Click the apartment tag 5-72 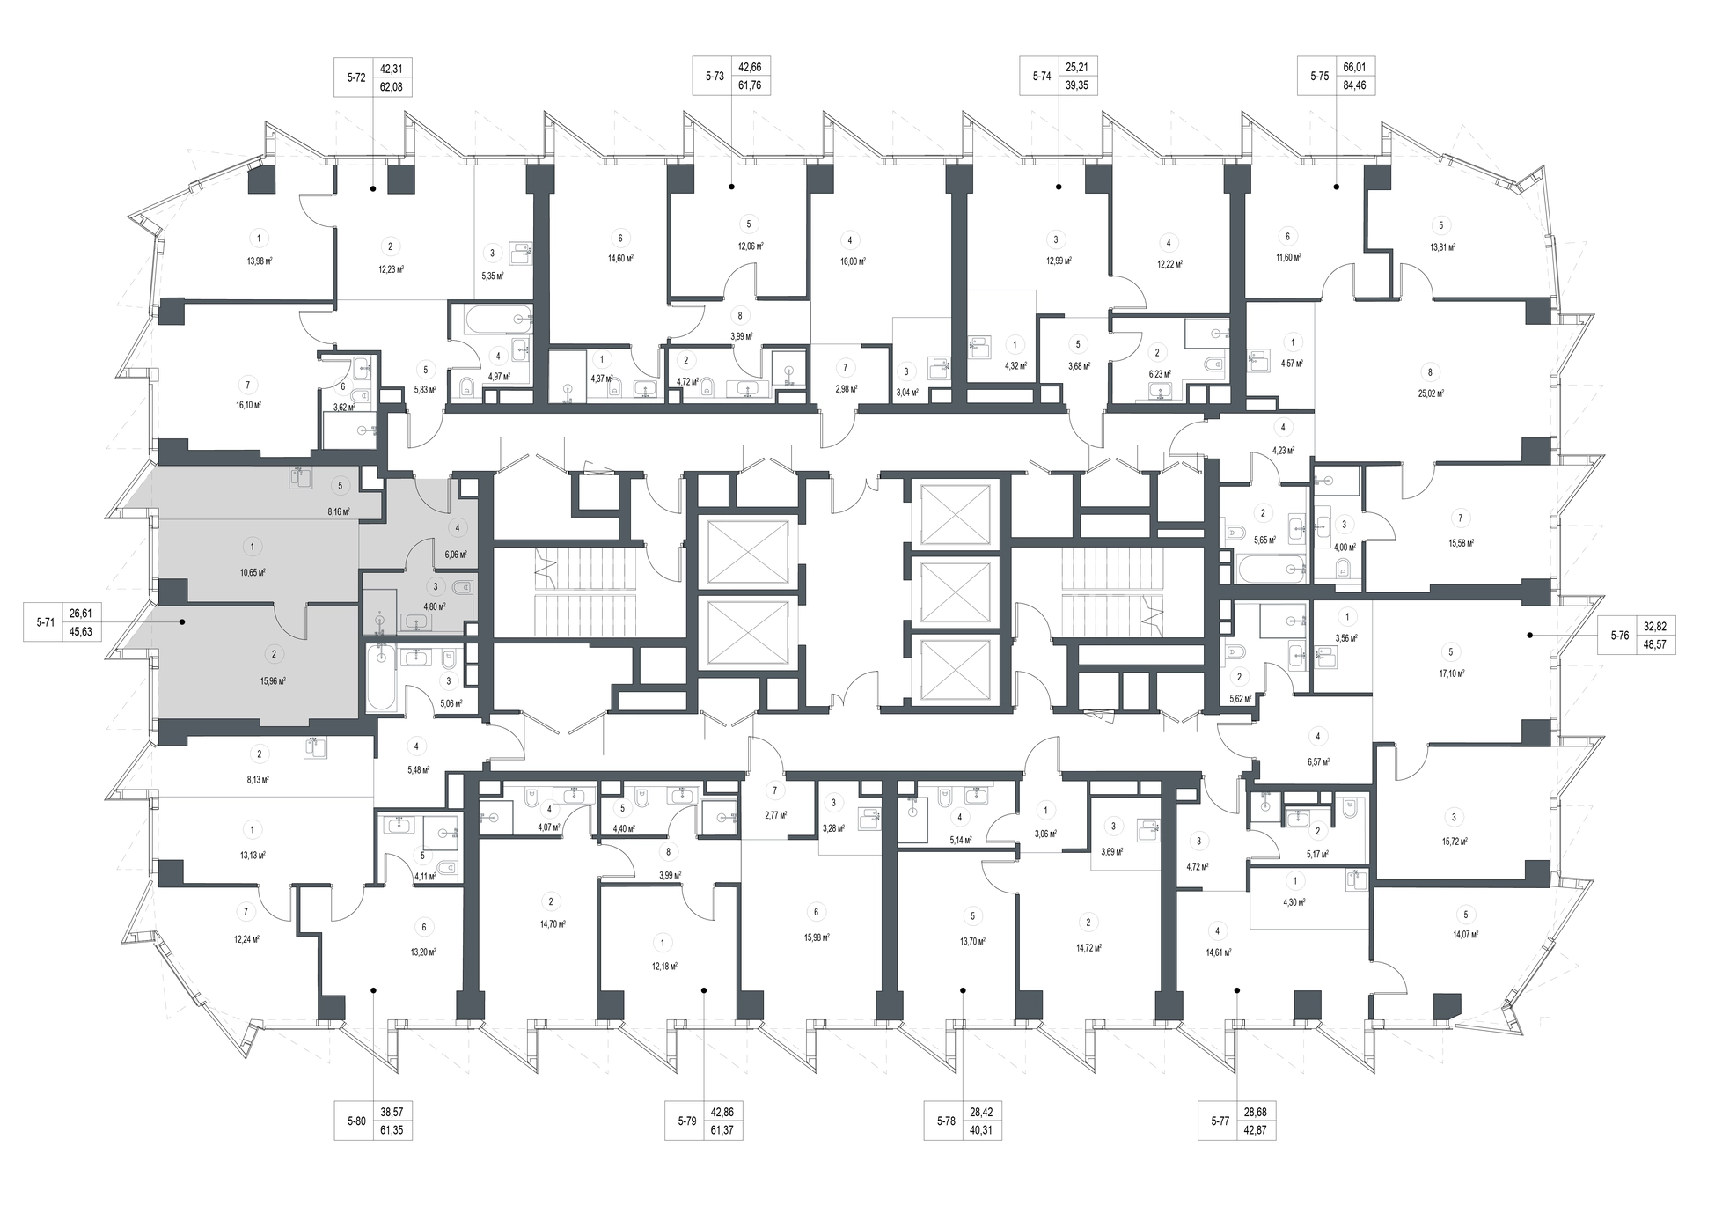tap(355, 77)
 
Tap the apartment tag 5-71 tap(45, 622)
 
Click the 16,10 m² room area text tap(248, 405)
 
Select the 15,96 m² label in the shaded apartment tap(273, 680)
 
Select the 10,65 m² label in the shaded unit tap(253, 571)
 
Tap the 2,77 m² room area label tap(774, 815)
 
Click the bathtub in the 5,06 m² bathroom tap(382, 677)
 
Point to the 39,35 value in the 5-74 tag tap(1081, 86)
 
